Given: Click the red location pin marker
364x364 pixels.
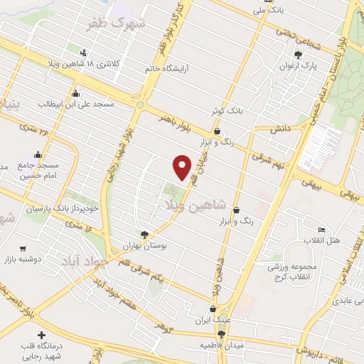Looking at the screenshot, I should click(x=183, y=167).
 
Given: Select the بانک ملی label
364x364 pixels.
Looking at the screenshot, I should click(x=274, y=11).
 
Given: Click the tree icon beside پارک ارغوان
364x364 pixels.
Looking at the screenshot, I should click(x=299, y=55).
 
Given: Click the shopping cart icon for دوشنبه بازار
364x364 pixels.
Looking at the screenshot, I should click(x=23, y=249).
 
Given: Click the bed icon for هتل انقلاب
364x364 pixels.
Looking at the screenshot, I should click(x=321, y=230).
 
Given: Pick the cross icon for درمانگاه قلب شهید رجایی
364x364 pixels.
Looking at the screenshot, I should click(x=42, y=335).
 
